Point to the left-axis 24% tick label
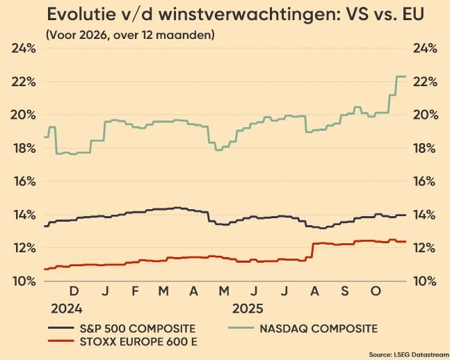pos(24,49)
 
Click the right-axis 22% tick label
pos(425,82)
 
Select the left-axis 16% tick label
pos(24,181)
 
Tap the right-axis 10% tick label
pos(425,281)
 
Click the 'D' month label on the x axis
pos(74,291)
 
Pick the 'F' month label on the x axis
pos(135,291)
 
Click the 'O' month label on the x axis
pos(376,291)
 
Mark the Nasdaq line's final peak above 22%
pos(401,76)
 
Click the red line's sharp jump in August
pos(312,251)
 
